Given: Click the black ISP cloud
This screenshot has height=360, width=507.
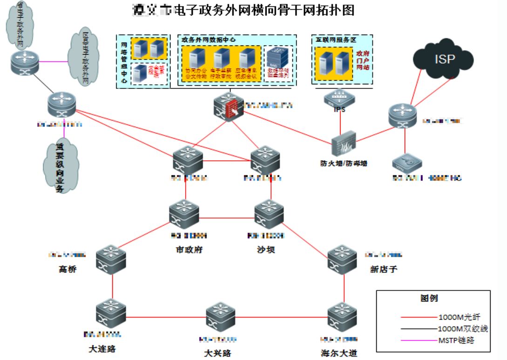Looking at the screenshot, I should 442,60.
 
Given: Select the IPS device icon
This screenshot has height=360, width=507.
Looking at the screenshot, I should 339,98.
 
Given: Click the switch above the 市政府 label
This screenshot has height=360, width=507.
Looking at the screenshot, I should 185,214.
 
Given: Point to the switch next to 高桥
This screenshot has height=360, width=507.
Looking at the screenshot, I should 112,259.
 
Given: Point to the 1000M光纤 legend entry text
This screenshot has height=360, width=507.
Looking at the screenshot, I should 459,317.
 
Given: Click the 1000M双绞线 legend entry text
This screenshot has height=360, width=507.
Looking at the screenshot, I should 463,329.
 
